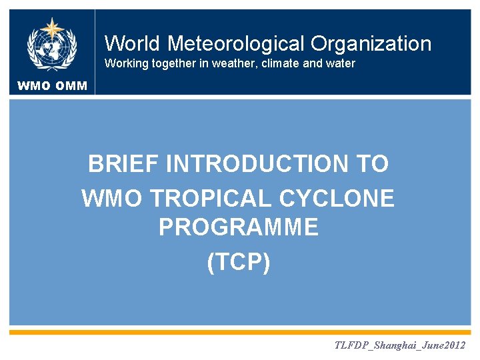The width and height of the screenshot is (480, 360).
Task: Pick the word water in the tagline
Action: click(x=341, y=64)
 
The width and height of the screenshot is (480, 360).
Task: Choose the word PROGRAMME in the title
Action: click(x=239, y=229)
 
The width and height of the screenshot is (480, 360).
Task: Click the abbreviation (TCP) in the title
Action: click(x=239, y=262)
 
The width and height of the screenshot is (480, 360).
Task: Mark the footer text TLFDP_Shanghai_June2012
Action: click(x=399, y=345)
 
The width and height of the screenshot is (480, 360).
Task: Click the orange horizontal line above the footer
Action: click(x=240, y=331)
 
